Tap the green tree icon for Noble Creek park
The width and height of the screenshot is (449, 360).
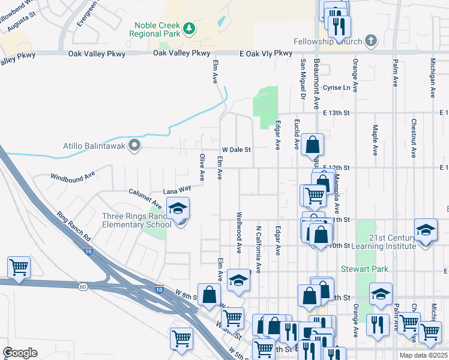189,28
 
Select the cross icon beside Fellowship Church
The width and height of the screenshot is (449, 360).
372,41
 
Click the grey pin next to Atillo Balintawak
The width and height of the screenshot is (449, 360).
135,145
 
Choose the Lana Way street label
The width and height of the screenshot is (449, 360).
181,188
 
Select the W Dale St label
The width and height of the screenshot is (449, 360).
236,149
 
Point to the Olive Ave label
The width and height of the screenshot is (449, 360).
202,167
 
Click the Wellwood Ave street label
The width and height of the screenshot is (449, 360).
239,232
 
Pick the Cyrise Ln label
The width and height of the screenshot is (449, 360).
337,88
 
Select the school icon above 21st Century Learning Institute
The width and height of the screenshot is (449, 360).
426,230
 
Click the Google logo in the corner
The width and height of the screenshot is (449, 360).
20,353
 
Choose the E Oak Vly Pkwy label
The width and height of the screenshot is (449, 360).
266,53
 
